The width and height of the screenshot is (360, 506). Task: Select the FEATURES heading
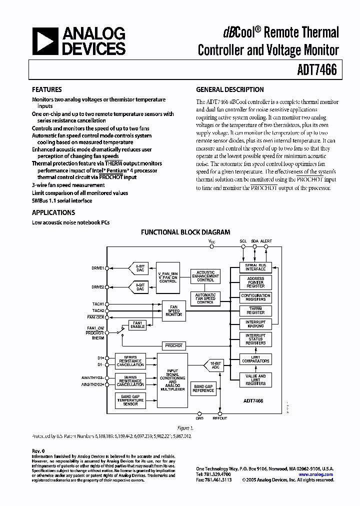[x=47, y=90]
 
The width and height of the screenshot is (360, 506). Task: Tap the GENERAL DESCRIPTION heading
[x=230, y=90]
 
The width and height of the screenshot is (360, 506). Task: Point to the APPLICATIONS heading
[x=53, y=212]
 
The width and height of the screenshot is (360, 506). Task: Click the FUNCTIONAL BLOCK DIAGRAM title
[x=185, y=232]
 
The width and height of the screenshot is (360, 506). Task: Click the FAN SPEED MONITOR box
[x=173, y=310]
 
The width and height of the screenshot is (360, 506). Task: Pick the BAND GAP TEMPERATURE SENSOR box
[x=130, y=400]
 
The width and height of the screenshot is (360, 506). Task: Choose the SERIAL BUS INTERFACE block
[x=255, y=267]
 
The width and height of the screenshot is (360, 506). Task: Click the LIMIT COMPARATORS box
[x=255, y=358]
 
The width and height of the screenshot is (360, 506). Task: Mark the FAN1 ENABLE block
[x=137, y=324]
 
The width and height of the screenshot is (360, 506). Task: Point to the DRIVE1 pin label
[x=97, y=268]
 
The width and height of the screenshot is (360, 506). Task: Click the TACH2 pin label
[x=98, y=310]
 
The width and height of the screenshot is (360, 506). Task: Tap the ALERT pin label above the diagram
[x=266, y=241]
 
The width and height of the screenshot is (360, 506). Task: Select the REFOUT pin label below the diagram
[x=220, y=418]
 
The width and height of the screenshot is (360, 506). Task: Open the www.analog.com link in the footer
[x=315, y=474]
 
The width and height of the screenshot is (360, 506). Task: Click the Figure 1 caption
[x=185, y=428]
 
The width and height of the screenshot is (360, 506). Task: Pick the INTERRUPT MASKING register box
[x=255, y=323]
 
